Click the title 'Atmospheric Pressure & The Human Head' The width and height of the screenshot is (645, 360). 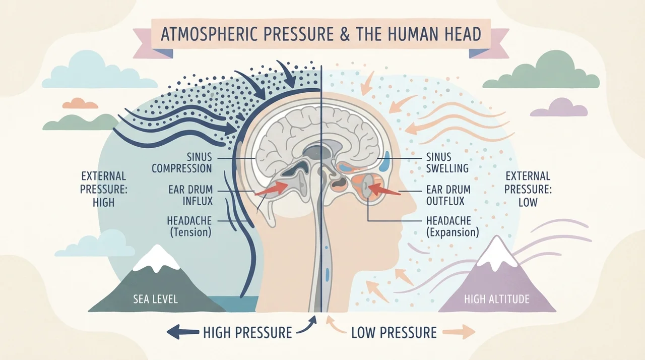[x=321, y=34]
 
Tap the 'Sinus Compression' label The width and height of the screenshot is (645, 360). [x=182, y=163]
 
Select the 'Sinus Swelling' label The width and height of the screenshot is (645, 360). [x=447, y=162]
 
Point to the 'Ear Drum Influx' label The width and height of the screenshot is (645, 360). [x=190, y=195]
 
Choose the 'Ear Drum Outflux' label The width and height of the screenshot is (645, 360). [x=448, y=195]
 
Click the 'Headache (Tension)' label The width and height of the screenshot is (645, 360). [x=189, y=226]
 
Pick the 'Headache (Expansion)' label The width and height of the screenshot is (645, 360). [x=453, y=226]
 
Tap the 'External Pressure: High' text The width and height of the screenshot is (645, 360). [x=104, y=189]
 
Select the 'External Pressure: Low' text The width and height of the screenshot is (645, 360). [x=528, y=189]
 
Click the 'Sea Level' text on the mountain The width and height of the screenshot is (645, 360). [x=156, y=299]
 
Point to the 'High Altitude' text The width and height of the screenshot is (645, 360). [x=497, y=299]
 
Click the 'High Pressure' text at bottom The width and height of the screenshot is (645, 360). [x=247, y=332]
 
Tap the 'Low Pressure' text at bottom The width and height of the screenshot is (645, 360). [x=394, y=332]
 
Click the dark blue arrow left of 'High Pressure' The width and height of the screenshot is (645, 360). [x=183, y=332]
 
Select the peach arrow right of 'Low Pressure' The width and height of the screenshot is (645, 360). [x=459, y=332]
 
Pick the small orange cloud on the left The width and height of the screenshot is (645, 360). [x=80, y=103]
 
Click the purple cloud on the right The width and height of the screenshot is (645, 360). [x=559, y=107]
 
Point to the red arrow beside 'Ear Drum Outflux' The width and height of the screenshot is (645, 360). [x=384, y=190]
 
